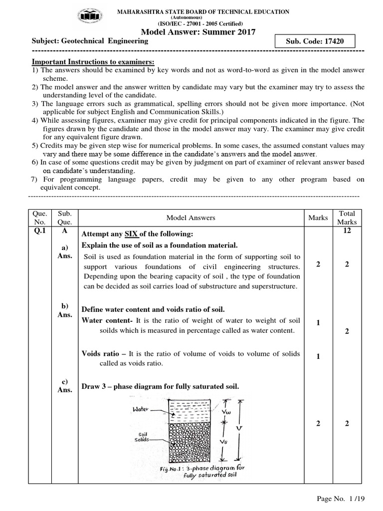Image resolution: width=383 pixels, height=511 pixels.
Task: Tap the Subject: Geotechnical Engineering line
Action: (x=90, y=41)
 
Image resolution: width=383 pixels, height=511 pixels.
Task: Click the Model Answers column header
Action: (x=191, y=218)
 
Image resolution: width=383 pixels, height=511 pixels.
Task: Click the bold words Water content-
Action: (x=107, y=321)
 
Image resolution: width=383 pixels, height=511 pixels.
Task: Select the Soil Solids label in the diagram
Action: (x=140, y=437)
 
